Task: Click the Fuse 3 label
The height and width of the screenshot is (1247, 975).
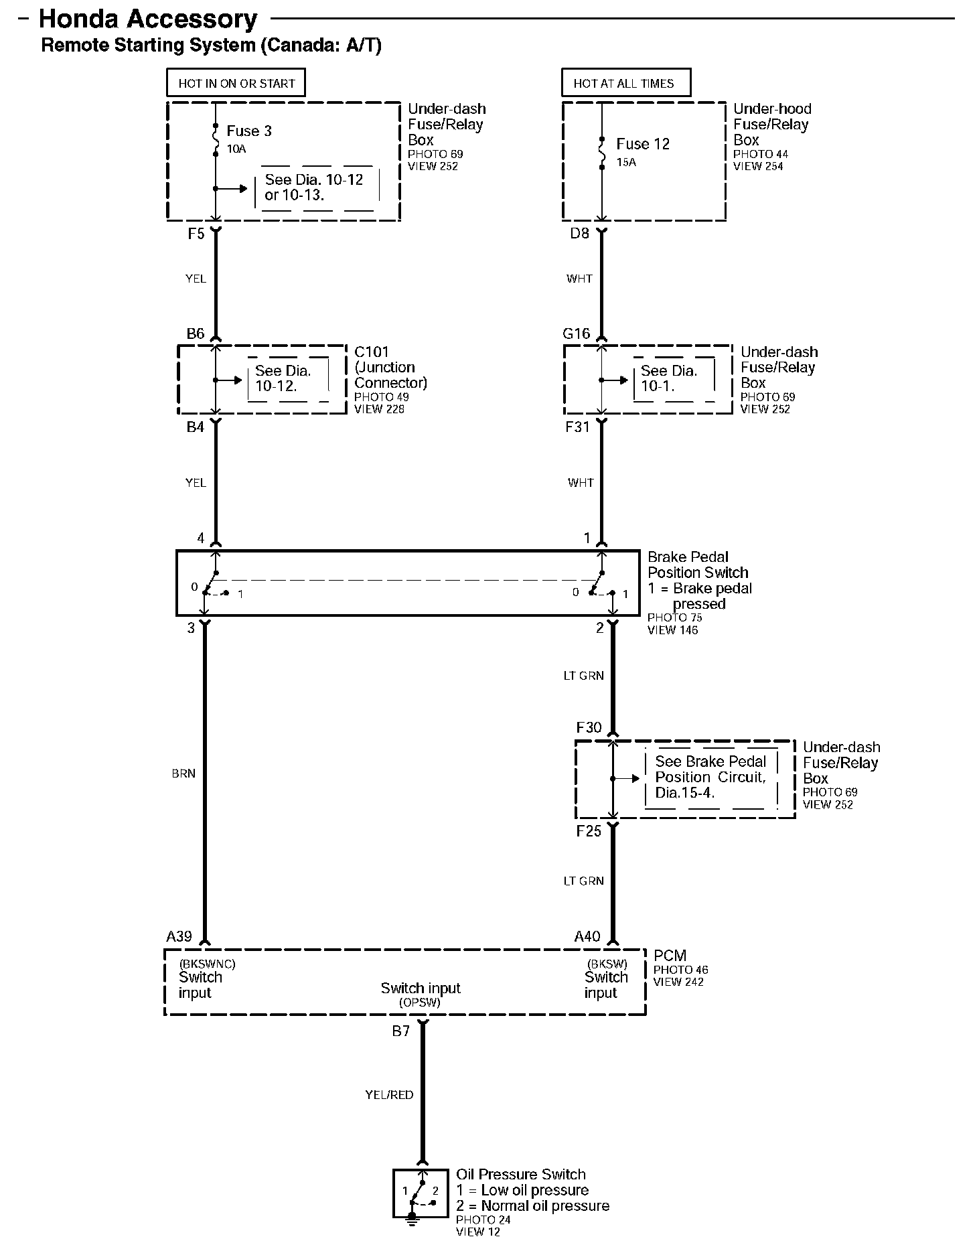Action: (249, 131)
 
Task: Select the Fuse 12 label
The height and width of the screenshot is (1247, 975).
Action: (643, 144)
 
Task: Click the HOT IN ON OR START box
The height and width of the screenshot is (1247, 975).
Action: (236, 84)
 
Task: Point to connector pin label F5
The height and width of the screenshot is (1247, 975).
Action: (196, 234)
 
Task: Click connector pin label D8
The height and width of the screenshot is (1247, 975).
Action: (580, 234)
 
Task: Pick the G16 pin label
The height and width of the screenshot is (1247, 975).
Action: (577, 334)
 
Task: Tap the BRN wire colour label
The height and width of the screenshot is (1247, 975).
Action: (183, 774)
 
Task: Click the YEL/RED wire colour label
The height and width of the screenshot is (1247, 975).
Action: (389, 1095)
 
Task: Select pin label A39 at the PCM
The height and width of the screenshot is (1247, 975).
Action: (179, 936)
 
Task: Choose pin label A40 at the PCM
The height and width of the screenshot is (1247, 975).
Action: (587, 936)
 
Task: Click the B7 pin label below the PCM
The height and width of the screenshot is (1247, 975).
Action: (401, 1031)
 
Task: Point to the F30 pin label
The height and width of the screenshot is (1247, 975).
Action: (589, 727)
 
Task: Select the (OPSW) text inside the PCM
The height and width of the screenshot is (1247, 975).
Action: (420, 1003)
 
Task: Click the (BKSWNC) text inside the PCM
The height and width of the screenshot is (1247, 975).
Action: (207, 964)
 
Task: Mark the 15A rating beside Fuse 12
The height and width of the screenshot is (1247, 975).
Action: (626, 162)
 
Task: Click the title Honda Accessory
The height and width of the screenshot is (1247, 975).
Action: (148, 19)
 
